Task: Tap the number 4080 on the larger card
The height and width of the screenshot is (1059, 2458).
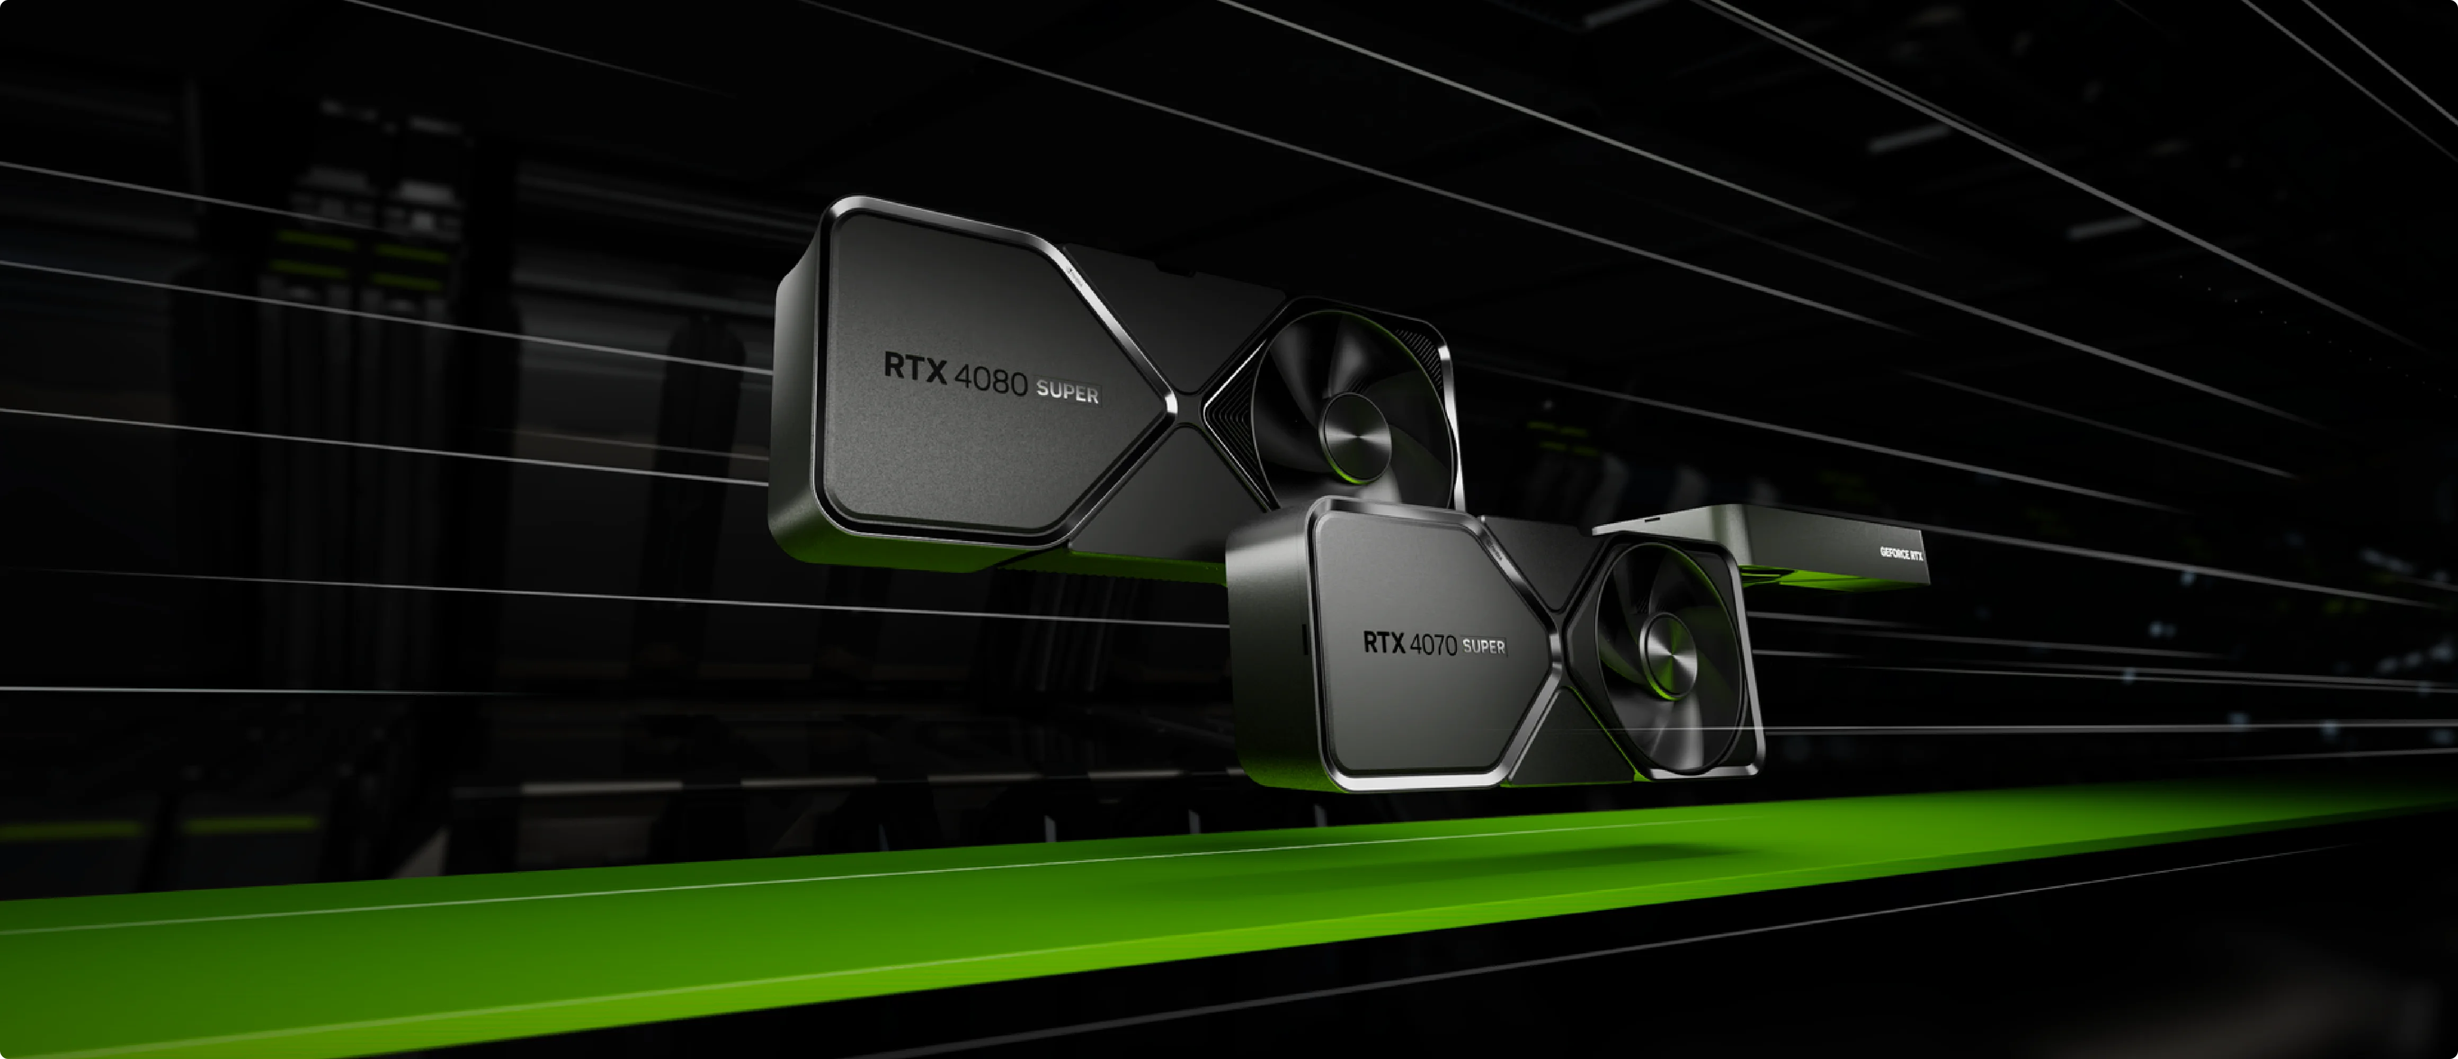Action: pos(991,381)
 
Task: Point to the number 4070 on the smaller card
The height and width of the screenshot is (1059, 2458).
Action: pos(1433,645)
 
